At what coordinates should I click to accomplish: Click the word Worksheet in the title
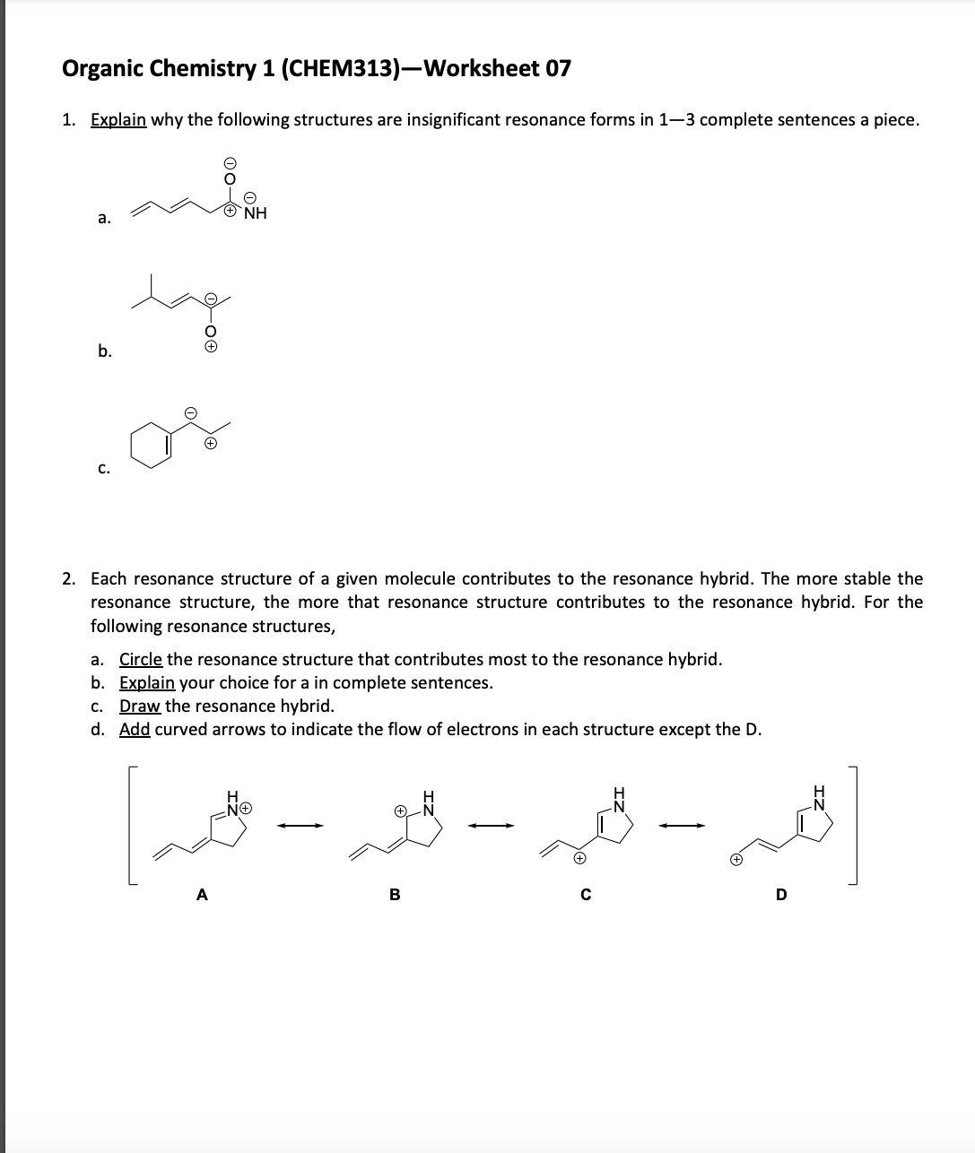(480, 68)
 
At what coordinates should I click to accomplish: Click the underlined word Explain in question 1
(118, 120)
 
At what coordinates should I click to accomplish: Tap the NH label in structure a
(256, 213)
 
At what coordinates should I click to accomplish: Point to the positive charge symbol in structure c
(210, 443)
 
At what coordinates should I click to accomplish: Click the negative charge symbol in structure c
(190, 412)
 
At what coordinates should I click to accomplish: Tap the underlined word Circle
(141, 660)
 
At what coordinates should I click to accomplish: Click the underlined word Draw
(140, 706)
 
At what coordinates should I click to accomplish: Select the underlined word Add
(135, 729)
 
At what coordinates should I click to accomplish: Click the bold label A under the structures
(202, 894)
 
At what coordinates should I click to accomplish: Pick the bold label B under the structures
(393, 894)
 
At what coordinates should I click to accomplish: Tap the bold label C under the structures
(586, 894)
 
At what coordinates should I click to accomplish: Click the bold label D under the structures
(780, 894)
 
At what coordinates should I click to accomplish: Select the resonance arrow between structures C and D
(684, 826)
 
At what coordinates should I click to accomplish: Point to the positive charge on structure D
(735, 859)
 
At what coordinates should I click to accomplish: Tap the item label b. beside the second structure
(105, 351)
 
